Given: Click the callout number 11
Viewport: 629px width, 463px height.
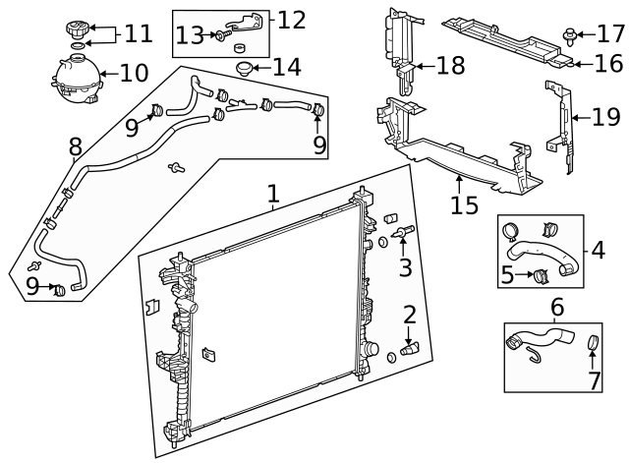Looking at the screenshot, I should [x=138, y=34].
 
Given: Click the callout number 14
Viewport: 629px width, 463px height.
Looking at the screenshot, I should [x=286, y=69].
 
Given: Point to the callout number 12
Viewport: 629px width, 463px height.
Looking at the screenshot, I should [x=291, y=20].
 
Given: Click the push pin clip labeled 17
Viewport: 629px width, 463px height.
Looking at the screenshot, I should [x=571, y=35].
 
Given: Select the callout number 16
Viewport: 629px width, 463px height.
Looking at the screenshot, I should [x=608, y=65].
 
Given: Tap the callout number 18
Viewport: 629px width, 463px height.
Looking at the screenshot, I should [x=449, y=67].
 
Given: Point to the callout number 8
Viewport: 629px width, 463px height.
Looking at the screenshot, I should [x=75, y=146].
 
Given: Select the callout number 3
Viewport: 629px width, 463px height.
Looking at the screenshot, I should [x=405, y=267].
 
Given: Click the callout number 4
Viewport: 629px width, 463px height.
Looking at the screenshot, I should [x=597, y=250].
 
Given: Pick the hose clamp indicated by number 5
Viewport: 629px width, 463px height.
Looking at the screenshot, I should [x=540, y=273].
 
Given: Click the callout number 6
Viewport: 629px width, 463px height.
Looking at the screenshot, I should [x=556, y=308].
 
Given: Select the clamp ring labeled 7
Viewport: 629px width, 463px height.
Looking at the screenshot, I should [x=593, y=343].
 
